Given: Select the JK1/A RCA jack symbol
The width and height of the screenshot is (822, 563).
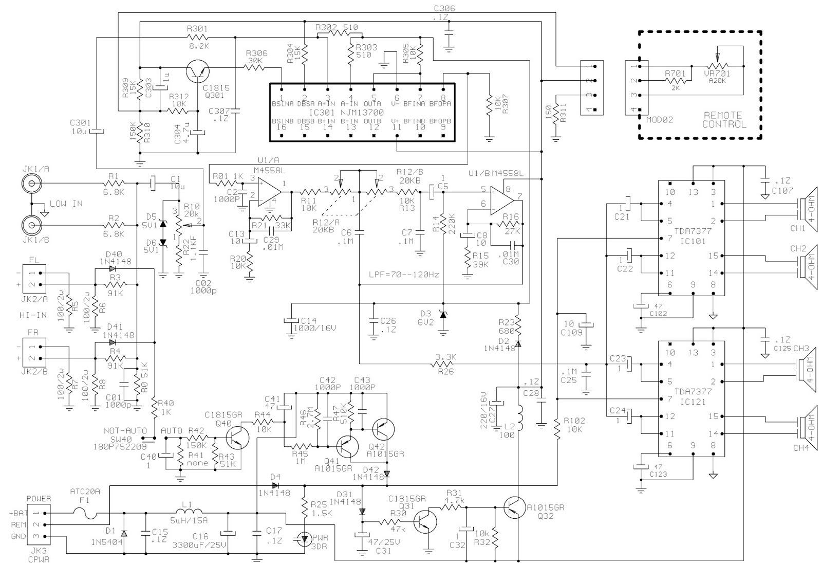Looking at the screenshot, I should (30, 183).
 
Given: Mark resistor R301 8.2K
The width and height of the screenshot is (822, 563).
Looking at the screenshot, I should (198, 38).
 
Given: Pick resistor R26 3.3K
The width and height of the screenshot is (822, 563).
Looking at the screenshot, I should (444, 365).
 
